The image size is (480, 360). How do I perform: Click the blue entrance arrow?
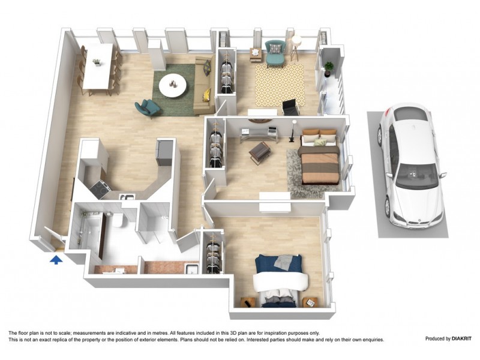point(56,259)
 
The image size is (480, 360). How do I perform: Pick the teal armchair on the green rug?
point(147,108)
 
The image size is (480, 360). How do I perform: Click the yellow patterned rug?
point(280,84)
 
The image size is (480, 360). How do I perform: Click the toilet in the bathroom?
point(118,221)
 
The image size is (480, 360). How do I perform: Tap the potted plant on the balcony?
point(329,67)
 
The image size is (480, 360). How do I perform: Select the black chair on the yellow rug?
point(290,107)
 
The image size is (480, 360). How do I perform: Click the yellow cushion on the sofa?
point(206,94)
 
